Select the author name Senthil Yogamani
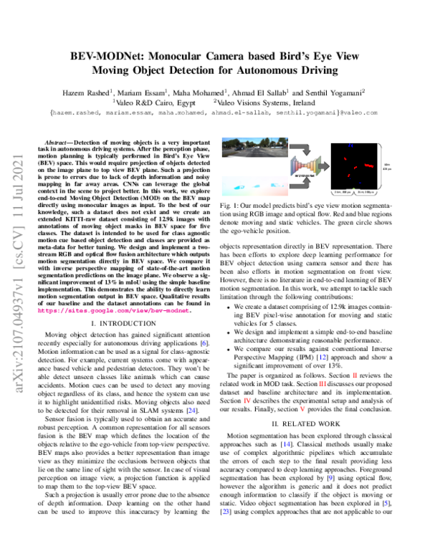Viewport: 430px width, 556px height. click(x=335, y=91)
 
